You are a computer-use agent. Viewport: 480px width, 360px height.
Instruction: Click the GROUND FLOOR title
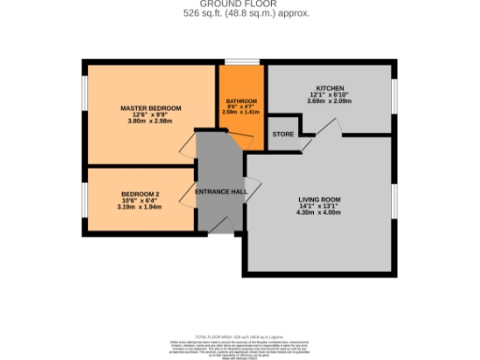click(239, 5)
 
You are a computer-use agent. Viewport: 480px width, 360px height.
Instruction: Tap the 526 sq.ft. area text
click(239, 13)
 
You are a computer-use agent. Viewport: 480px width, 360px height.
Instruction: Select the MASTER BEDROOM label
click(150, 108)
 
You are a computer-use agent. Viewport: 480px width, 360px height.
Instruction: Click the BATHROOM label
click(242, 101)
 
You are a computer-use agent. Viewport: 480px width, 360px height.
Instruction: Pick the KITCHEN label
click(330, 86)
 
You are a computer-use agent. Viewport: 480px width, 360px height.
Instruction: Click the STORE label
click(282, 134)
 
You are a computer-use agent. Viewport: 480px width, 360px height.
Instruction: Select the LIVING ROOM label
click(319, 200)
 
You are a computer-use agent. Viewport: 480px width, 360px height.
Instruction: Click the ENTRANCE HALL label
click(219, 191)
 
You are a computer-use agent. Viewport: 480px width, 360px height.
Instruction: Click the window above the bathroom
click(242, 63)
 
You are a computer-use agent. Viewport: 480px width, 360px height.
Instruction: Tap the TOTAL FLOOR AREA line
click(239, 336)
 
